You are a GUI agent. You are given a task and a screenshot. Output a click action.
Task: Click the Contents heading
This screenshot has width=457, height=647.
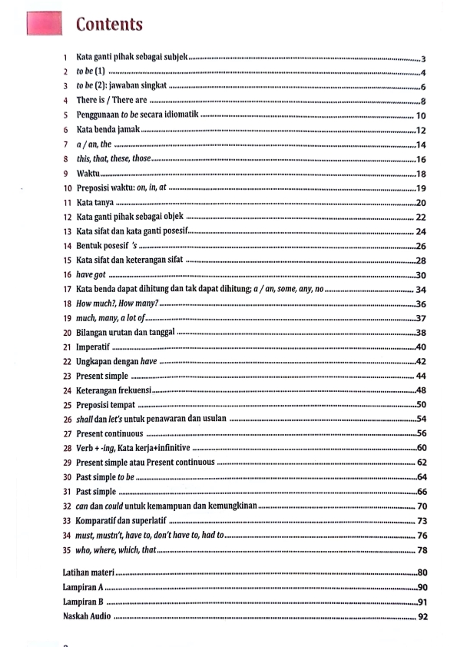108,24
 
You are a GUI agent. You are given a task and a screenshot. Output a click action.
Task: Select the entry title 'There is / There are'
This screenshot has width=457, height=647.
111,101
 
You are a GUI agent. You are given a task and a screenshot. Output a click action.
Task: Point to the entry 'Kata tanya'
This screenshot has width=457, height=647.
95,203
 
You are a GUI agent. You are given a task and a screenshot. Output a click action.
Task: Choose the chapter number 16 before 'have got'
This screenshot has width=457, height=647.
68,275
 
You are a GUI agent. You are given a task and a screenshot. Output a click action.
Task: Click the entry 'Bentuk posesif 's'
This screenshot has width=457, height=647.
106,246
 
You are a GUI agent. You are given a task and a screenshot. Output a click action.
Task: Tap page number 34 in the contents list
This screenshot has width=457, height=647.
421,290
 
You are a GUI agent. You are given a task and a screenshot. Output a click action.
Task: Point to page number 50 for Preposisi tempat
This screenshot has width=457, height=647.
421,405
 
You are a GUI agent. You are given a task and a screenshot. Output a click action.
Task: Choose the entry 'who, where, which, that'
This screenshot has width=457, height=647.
116,550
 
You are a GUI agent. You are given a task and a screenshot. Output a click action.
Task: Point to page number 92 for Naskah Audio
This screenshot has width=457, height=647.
422,617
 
